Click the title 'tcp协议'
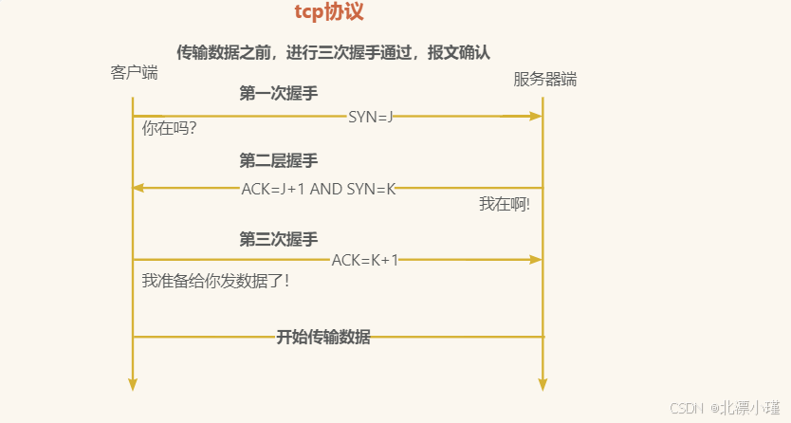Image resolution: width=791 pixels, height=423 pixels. (329, 13)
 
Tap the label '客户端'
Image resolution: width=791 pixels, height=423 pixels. (134, 72)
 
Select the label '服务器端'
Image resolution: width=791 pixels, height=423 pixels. (545, 80)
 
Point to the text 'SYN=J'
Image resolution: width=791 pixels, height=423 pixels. (370, 117)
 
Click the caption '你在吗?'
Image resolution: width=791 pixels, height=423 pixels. (169, 128)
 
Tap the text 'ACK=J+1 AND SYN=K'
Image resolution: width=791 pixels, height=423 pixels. (318, 189)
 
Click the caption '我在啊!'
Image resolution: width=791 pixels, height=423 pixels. (504, 204)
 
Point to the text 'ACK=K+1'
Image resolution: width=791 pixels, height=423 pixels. (365, 260)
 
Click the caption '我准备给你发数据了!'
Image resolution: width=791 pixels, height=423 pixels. (214, 281)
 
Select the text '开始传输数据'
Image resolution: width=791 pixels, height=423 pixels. (323, 337)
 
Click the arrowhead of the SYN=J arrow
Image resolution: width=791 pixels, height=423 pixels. (536, 116)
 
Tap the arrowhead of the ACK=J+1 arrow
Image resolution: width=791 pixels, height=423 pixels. (138, 188)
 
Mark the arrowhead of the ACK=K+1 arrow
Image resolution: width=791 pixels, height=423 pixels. (536, 259)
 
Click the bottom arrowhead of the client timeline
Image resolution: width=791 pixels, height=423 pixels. (133, 384)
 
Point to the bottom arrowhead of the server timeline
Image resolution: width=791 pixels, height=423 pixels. (543, 384)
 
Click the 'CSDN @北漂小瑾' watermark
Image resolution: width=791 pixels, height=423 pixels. (726, 408)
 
